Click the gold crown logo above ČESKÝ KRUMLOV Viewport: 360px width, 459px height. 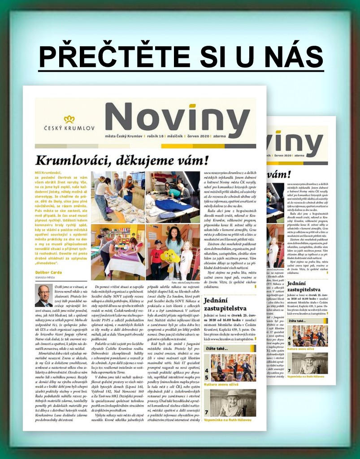[69, 119]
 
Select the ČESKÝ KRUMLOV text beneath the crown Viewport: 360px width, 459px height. [69, 128]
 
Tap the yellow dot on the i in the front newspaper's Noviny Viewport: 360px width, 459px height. [192, 106]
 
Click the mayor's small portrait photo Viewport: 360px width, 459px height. [44, 295]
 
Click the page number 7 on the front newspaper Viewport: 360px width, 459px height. [207, 411]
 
